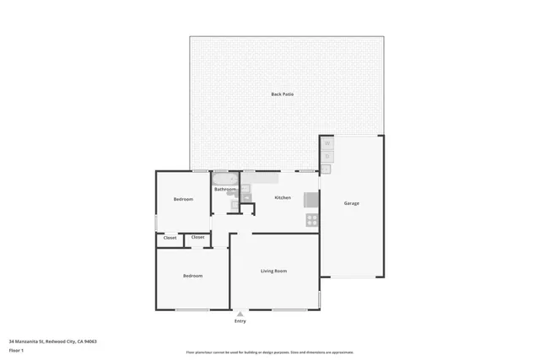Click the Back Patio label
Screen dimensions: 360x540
[282, 94]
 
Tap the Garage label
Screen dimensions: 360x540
[351, 203]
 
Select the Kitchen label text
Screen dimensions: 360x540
[283, 197]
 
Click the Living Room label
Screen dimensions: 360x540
[273, 271]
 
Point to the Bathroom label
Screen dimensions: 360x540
[224, 190]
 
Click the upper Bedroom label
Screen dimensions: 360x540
[183, 199]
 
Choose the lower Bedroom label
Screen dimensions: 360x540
[193, 276]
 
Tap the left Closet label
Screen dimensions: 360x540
[170, 238]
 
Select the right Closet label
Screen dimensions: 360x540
[197, 237]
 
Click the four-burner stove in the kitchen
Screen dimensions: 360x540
[311, 220]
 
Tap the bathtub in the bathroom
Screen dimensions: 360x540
[226, 179]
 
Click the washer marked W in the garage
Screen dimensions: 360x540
[327, 143]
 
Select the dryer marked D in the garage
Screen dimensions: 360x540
[327, 156]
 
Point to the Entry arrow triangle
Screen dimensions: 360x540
[240, 314]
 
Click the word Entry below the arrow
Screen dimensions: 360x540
[240, 321]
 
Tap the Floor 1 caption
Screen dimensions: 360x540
[16, 349]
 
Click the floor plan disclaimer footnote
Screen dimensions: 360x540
[269, 352]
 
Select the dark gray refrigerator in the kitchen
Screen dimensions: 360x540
[311, 200]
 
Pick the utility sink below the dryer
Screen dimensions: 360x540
[327, 169]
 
